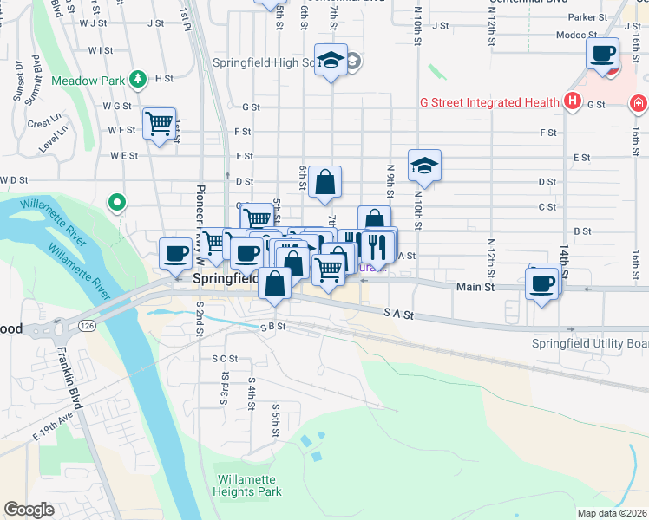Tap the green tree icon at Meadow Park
pyautogui.click(x=138, y=80)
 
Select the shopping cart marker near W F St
pyautogui.click(x=160, y=125)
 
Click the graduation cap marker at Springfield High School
pyautogui.click(x=331, y=60)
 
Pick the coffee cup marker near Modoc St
pyautogui.click(x=603, y=54)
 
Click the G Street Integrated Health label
pyautogui.click(x=489, y=102)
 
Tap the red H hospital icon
pyautogui.click(x=572, y=102)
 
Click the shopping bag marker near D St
pyautogui.click(x=324, y=182)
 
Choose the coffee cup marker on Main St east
pyautogui.click(x=543, y=283)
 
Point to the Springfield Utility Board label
pyautogui.click(x=589, y=344)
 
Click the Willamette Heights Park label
pyautogui.click(x=249, y=485)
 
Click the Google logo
pyautogui.click(x=29, y=510)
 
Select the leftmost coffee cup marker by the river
pyautogui.click(x=176, y=255)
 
